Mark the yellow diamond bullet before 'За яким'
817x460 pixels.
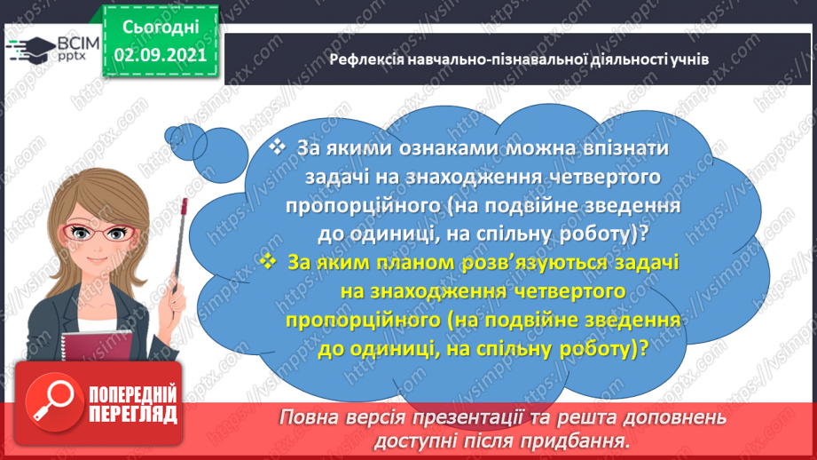point(270,262)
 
